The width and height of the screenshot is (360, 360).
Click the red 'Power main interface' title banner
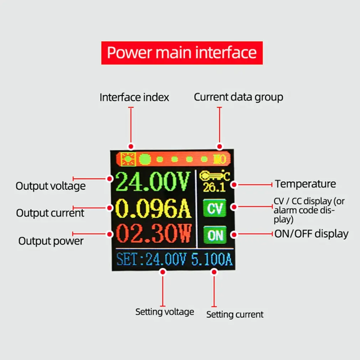click(182, 53)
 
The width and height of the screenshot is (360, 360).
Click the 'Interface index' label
click(134, 97)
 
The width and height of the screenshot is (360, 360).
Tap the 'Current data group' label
click(238, 97)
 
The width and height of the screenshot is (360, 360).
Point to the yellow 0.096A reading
click(154, 209)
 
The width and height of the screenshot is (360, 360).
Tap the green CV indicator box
click(215, 209)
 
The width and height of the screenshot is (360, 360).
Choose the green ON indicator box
click(215, 235)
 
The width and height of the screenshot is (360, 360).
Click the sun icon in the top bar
click(127, 159)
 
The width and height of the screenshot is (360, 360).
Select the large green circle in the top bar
click(145, 159)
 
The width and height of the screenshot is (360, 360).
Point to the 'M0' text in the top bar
click(219, 159)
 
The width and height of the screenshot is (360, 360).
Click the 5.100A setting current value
click(212, 259)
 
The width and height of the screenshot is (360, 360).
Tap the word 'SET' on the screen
click(127, 259)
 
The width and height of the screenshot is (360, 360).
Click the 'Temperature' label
click(305, 184)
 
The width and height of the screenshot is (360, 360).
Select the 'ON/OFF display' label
click(311, 234)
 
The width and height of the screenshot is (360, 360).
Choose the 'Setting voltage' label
click(164, 312)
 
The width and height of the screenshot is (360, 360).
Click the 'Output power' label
click(51, 241)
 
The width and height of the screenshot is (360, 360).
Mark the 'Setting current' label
click(235, 315)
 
